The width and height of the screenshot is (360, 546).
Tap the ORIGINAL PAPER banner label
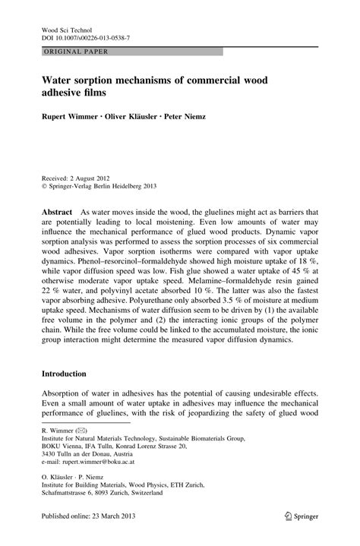71,52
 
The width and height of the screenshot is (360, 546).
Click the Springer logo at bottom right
300,535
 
